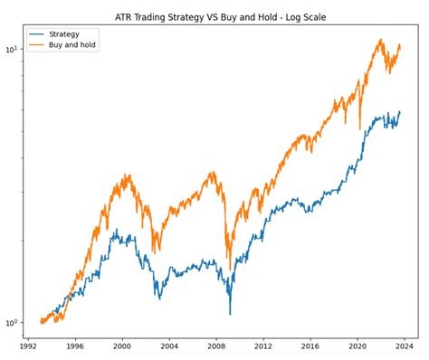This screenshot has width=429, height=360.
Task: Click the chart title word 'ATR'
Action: coord(127,16)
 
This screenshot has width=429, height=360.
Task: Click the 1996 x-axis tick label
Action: coord(75,345)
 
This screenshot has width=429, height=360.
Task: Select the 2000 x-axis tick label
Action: coord(122,345)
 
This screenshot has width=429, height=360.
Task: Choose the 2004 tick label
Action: coord(169,345)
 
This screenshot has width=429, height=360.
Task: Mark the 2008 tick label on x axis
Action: coord(216,345)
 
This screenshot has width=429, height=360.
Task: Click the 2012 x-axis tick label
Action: coord(263,345)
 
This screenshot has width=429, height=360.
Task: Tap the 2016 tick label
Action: coord(310,345)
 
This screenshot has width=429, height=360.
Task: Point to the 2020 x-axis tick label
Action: coord(357,345)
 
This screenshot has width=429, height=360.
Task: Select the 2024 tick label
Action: coord(405,345)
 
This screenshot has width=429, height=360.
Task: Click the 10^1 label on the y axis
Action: coord(13,49)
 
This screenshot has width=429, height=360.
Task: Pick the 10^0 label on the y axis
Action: coord(13,322)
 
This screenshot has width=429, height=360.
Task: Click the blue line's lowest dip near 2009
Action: coord(230,314)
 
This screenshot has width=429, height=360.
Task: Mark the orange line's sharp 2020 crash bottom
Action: coord(360,129)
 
